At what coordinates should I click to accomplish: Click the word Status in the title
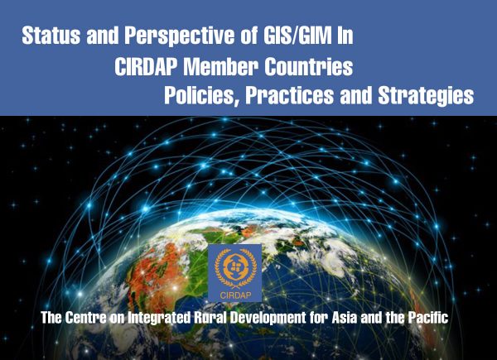pyautogui.click(x=51, y=36)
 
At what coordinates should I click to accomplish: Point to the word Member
pyautogui.click(x=221, y=66)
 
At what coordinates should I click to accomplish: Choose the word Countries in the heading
pyautogui.click(x=309, y=66)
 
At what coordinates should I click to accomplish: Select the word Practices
pyautogui.click(x=289, y=95)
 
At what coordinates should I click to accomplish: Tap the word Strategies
pyautogui.click(x=426, y=96)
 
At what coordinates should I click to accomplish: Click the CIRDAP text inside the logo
pyautogui.click(x=235, y=295)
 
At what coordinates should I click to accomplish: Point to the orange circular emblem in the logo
pyautogui.click(x=235, y=266)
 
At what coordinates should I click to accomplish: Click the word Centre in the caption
pyautogui.click(x=86, y=318)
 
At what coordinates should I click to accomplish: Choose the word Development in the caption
pyautogui.click(x=268, y=318)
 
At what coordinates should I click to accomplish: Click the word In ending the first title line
pyautogui.click(x=345, y=36)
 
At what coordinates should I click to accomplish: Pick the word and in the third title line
pyautogui.click(x=355, y=95)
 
